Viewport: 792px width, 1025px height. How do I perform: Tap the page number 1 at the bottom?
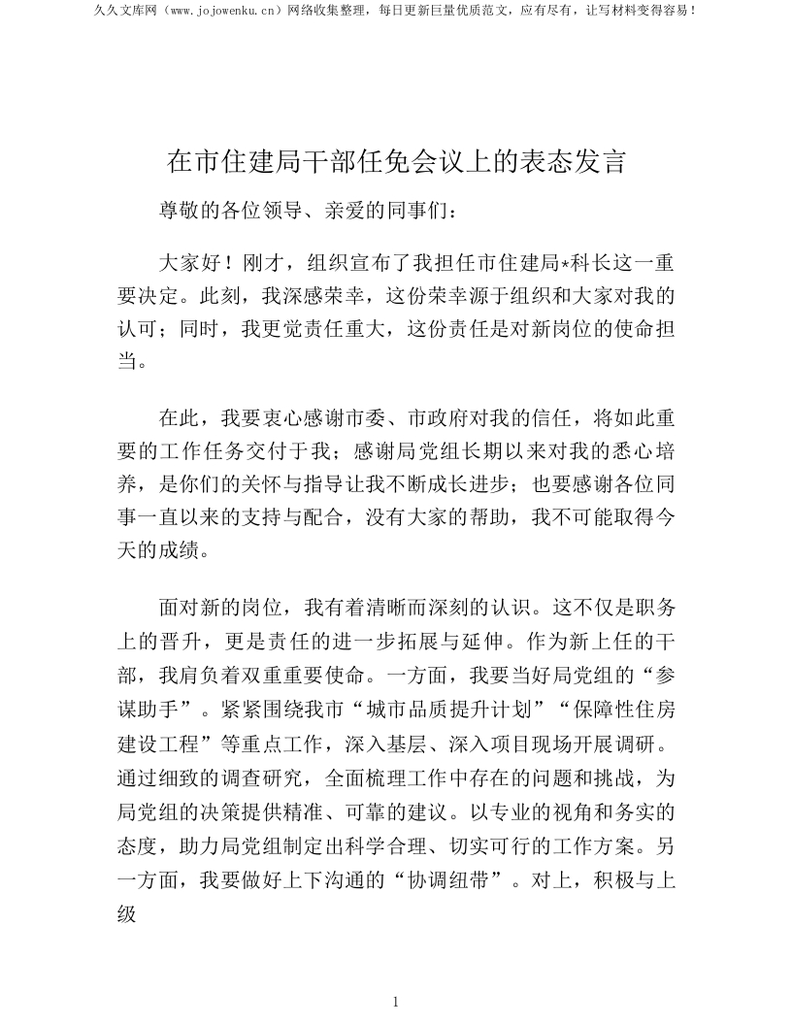[x=395, y=1002]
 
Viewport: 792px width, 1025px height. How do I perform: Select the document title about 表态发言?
[x=395, y=162]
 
